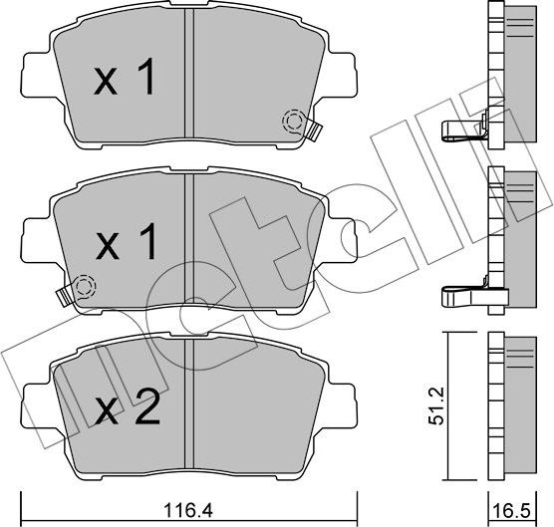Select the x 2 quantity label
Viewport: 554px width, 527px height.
coord(128,410)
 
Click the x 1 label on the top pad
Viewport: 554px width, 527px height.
coord(125,80)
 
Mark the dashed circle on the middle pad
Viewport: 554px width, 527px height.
coord(84,288)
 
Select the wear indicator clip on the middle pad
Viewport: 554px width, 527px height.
coord(66,296)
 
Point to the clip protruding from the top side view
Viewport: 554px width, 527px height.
coord(463,126)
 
